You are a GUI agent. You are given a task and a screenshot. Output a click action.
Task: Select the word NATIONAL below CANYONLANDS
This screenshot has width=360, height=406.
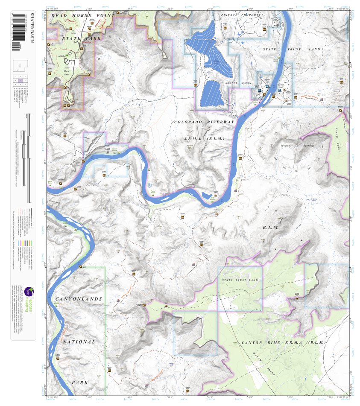(x=79, y=342)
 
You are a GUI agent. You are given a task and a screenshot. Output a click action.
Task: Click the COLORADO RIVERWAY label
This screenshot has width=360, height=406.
(x=205, y=122)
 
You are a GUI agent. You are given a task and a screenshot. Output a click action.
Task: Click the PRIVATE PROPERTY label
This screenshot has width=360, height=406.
(x=241, y=15)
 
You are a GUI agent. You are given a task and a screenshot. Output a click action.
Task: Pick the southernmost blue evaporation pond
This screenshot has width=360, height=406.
(x=212, y=93)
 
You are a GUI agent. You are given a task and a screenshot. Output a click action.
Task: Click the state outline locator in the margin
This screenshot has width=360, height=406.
(x=23, y=64)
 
